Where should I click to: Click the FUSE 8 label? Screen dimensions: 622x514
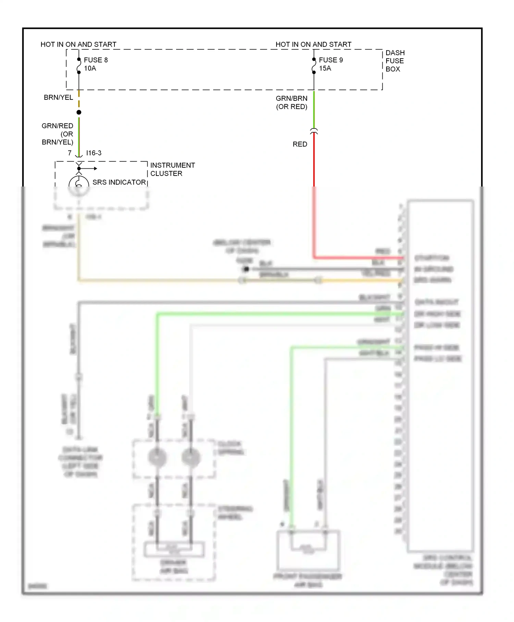coord(96,60)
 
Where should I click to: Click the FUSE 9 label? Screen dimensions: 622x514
coord(331,60)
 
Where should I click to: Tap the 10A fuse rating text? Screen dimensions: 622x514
coord(90,68)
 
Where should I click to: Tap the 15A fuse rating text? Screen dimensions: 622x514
coord(325,68)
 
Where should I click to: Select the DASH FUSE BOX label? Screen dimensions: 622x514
coord(395,61)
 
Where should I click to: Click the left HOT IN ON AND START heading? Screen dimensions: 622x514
coord(78,45)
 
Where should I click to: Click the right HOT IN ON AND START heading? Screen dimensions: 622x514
coord(314,45)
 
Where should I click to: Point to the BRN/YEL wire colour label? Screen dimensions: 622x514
coord(58,97)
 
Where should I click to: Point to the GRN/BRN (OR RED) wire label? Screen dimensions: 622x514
coord(292,103)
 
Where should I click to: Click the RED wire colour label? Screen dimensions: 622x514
coord(300,144)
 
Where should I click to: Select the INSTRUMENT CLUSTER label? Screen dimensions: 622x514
coord(172,169)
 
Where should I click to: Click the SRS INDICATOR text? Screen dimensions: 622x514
coord(119,182)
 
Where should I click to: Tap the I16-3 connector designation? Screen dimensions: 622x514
coord(94,153)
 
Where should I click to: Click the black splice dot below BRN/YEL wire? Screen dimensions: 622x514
coord(79,112)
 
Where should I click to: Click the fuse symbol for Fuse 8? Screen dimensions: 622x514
coord(79,66)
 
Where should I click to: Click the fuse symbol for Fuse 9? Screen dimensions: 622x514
coord(314,66)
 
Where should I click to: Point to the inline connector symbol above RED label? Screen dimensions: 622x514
coord(314,131)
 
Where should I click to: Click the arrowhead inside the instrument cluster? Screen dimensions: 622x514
coord(95,168)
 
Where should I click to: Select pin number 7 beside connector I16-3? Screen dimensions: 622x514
coord(70,153)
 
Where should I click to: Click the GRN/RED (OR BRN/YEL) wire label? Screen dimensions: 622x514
coord(58,134)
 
